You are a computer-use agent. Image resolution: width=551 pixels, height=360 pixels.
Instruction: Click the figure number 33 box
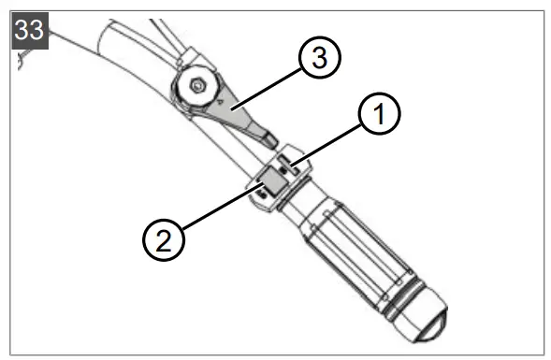point(29,30)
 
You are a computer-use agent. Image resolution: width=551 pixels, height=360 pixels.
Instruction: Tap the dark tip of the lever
point(270,138)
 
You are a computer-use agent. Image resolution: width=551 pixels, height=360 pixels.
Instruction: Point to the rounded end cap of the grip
point(427,322)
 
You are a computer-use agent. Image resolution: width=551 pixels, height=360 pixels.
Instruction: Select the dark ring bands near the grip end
point(400,295)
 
